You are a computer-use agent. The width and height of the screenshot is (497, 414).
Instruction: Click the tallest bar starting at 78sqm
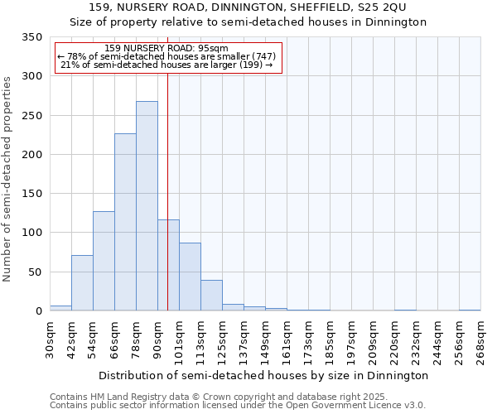[x=147, y=206]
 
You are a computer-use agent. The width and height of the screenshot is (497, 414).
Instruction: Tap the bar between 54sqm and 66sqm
[x=104, y=261]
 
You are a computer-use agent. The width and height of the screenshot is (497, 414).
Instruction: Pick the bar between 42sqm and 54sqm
[x=82, y=283]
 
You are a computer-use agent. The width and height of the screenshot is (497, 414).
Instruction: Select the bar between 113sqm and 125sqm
[x=211, y=296]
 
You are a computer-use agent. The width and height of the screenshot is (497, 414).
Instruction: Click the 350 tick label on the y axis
[x=31, y=37]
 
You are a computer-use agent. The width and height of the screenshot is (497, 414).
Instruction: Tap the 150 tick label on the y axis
[x=31, y=194]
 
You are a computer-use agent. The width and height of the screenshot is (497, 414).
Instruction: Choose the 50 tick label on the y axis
[x=35, y=272]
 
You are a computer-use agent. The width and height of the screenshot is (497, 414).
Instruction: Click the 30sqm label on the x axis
[x=51, y=339]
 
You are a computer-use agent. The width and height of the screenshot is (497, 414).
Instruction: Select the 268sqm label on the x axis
[x=481, y=339]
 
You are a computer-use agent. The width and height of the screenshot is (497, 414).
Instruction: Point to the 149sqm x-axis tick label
[x=266, y=339]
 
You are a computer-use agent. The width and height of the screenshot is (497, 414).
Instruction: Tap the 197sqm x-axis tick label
[x=352, y=339]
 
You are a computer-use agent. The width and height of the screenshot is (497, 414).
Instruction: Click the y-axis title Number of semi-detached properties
[x=8, y=178]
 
